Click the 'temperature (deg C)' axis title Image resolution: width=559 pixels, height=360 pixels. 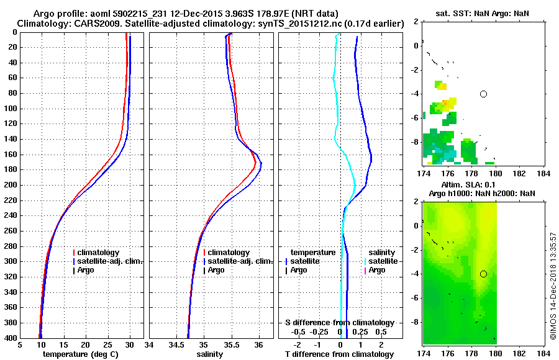80,354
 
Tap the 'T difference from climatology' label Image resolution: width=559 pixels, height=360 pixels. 339,354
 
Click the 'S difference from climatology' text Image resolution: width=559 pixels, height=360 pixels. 339,323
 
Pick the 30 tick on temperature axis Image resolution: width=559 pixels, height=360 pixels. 130,345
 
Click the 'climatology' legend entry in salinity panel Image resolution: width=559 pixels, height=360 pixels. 229,253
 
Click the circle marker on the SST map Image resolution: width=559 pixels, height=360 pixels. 483,94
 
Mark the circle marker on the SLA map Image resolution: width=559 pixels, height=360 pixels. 483,274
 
